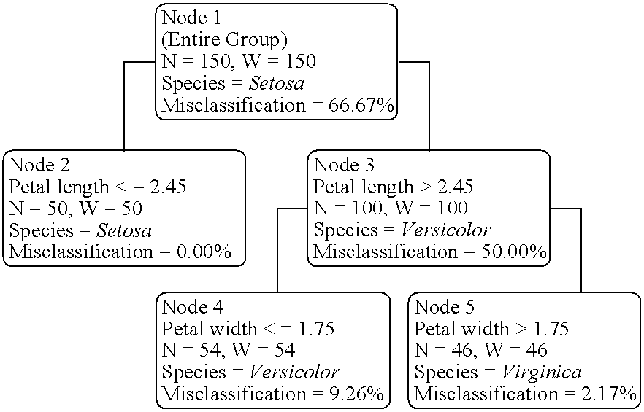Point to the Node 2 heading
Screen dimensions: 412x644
tap(39, 164)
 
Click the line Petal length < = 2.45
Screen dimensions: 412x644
tap(98, 187)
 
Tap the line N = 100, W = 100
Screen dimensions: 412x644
tap(391, 209)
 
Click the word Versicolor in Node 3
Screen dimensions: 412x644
tap(445, 231)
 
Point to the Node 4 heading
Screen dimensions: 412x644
tap(191, 306)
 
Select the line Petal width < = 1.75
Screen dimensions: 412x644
tap(248, 329)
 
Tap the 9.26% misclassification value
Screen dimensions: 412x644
tap(355, 395)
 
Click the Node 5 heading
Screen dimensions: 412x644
tap(444, 306)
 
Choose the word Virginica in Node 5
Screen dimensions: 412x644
tap(541, 373)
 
